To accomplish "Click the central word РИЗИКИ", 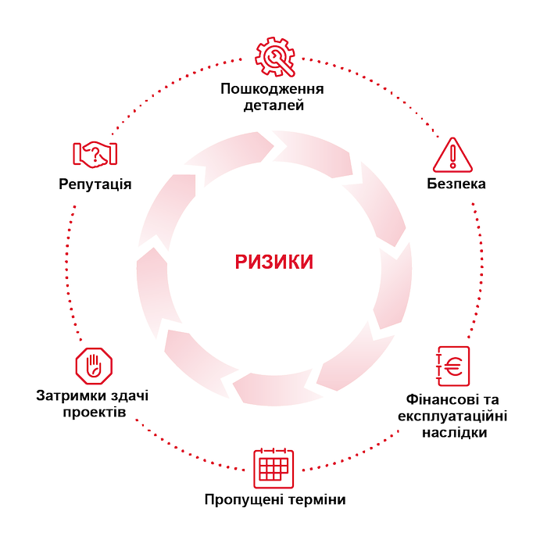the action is (x=273, y=262).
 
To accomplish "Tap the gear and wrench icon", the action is (x=275, y=56).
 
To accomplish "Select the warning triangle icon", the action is (x=452, y=155).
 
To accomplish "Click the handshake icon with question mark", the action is (x=95, y=154).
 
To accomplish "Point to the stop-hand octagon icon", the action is (x=94, y=366).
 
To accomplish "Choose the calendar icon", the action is (x=273, y=469).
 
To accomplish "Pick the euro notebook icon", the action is (x=452, y=366).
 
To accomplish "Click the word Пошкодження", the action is (x=272, y=89).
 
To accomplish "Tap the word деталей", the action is (x=273, y=105).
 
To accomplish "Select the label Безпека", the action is (x=456, y=184).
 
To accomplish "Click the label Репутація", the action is (x=95, y=184).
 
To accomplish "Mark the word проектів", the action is (x=95, y=412).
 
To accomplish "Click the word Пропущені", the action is (x=239, y=499).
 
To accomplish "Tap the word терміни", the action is (x=312, y=499).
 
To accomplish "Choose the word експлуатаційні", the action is (x=452, y=416).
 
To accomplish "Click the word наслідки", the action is (x=455, y=432).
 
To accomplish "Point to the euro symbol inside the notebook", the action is (x=454, y=366).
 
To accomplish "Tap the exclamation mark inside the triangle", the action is (x=452, y=156).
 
